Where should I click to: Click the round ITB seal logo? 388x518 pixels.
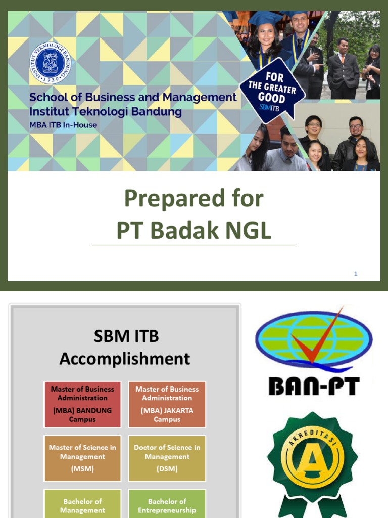(x=51, y=62)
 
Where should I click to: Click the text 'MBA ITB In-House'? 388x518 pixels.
(x=63, y=125)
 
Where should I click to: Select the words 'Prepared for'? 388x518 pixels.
(x=194, y=198)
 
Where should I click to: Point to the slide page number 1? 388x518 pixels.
(x=356, y=274)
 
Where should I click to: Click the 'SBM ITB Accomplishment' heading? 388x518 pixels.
(x=125, y=348)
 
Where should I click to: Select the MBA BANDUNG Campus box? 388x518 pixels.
(x=82, y=404)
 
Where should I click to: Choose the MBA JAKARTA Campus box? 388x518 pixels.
(x=167, y=404)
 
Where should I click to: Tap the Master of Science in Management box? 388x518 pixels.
(x=82, y=458)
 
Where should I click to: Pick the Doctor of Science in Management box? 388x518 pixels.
(x=167, y=458)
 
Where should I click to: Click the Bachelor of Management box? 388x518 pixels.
(x=82, y=505)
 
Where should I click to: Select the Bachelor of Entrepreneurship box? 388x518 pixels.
(x=167, y=505)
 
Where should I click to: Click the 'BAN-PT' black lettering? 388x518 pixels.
(x=314, y=386)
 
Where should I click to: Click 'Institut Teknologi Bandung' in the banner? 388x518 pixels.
(x=106, y=112)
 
